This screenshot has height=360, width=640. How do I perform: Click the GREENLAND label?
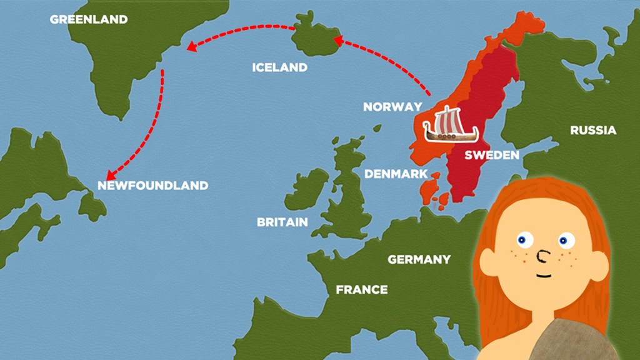point(89,19)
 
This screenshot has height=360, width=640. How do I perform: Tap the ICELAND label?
point(279,67)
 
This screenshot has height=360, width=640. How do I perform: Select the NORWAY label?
point(392,107)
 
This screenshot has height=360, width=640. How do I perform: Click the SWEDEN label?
point(492,155)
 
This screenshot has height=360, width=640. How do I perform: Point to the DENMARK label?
point(396,174)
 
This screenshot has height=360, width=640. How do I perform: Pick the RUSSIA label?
point(593,130)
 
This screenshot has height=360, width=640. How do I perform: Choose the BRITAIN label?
point(282,222)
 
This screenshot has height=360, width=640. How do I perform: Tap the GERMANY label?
point(419,259)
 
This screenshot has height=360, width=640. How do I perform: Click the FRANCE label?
point(362,289)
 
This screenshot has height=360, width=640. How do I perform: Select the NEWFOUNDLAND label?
point(153,186)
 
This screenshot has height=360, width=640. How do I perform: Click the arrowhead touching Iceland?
point(338,42)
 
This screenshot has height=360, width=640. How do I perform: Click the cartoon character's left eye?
point(522,239)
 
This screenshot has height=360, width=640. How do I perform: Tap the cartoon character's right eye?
point(566,241)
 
